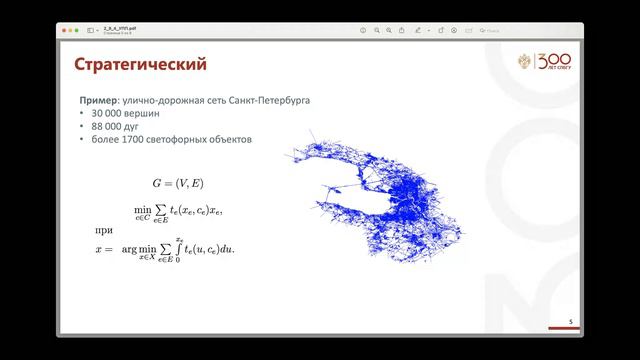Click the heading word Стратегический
[x=141, y=66]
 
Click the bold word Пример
[x=101, y=102]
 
